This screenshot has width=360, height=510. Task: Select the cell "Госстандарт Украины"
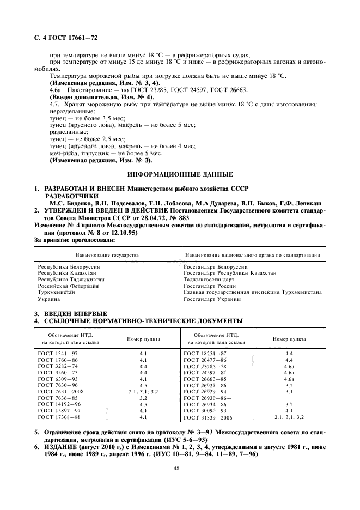(x=212, y=299)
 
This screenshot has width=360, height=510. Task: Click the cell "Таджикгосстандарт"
(x=209, y=280)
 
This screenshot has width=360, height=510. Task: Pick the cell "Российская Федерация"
(x=68, y=286)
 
